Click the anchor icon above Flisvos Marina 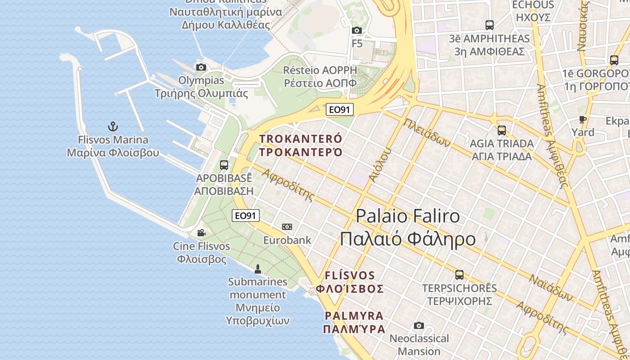click(113, 126)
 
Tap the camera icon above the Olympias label click(201, 67)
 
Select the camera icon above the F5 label click(357, 30)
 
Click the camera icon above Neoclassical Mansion click(419, 325)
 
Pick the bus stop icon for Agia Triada click(501, 130)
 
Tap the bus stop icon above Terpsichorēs click(459, 274)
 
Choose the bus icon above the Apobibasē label click(224, 165)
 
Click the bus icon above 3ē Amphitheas click(490, 25)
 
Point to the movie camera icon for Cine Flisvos click(201, 233)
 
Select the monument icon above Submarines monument click(258, 269)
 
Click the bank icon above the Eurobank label click(287, 226)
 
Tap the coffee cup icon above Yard click(583, 119)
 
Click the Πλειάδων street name click(427, 133)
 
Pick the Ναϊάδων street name click(550, 288)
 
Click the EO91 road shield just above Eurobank click(246, 216)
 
